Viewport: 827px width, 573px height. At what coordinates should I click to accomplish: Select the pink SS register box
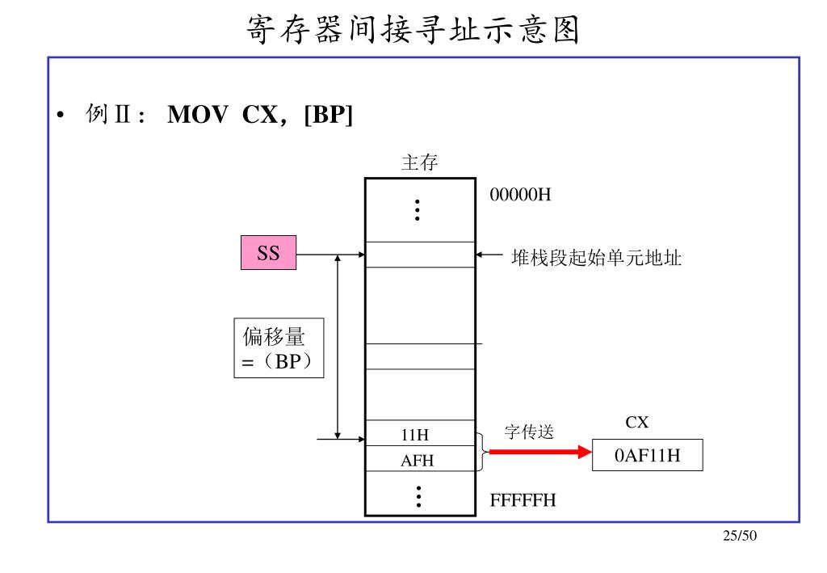point(268,254)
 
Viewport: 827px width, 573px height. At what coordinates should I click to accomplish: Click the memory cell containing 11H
point(419,434)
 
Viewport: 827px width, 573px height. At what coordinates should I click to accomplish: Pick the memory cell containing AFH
point(419,460)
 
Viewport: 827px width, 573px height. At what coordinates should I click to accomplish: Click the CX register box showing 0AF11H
point(647,456)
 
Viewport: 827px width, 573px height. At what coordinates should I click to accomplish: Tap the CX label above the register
point(636,423)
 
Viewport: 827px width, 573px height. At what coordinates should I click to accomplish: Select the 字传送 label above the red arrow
point(529,432)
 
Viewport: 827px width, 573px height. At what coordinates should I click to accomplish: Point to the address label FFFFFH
point(523,500)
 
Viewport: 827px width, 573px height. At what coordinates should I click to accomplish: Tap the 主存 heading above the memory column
point(419,162)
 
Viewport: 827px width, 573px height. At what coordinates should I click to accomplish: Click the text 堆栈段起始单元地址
point(596,258)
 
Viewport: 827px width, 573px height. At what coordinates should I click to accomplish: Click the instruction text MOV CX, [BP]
point(260,116)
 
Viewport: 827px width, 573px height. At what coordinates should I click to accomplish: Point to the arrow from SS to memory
point(331,255)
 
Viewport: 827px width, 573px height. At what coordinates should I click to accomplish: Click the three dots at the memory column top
point(418,209)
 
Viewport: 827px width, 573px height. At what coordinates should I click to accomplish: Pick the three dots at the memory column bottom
point(418,495)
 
